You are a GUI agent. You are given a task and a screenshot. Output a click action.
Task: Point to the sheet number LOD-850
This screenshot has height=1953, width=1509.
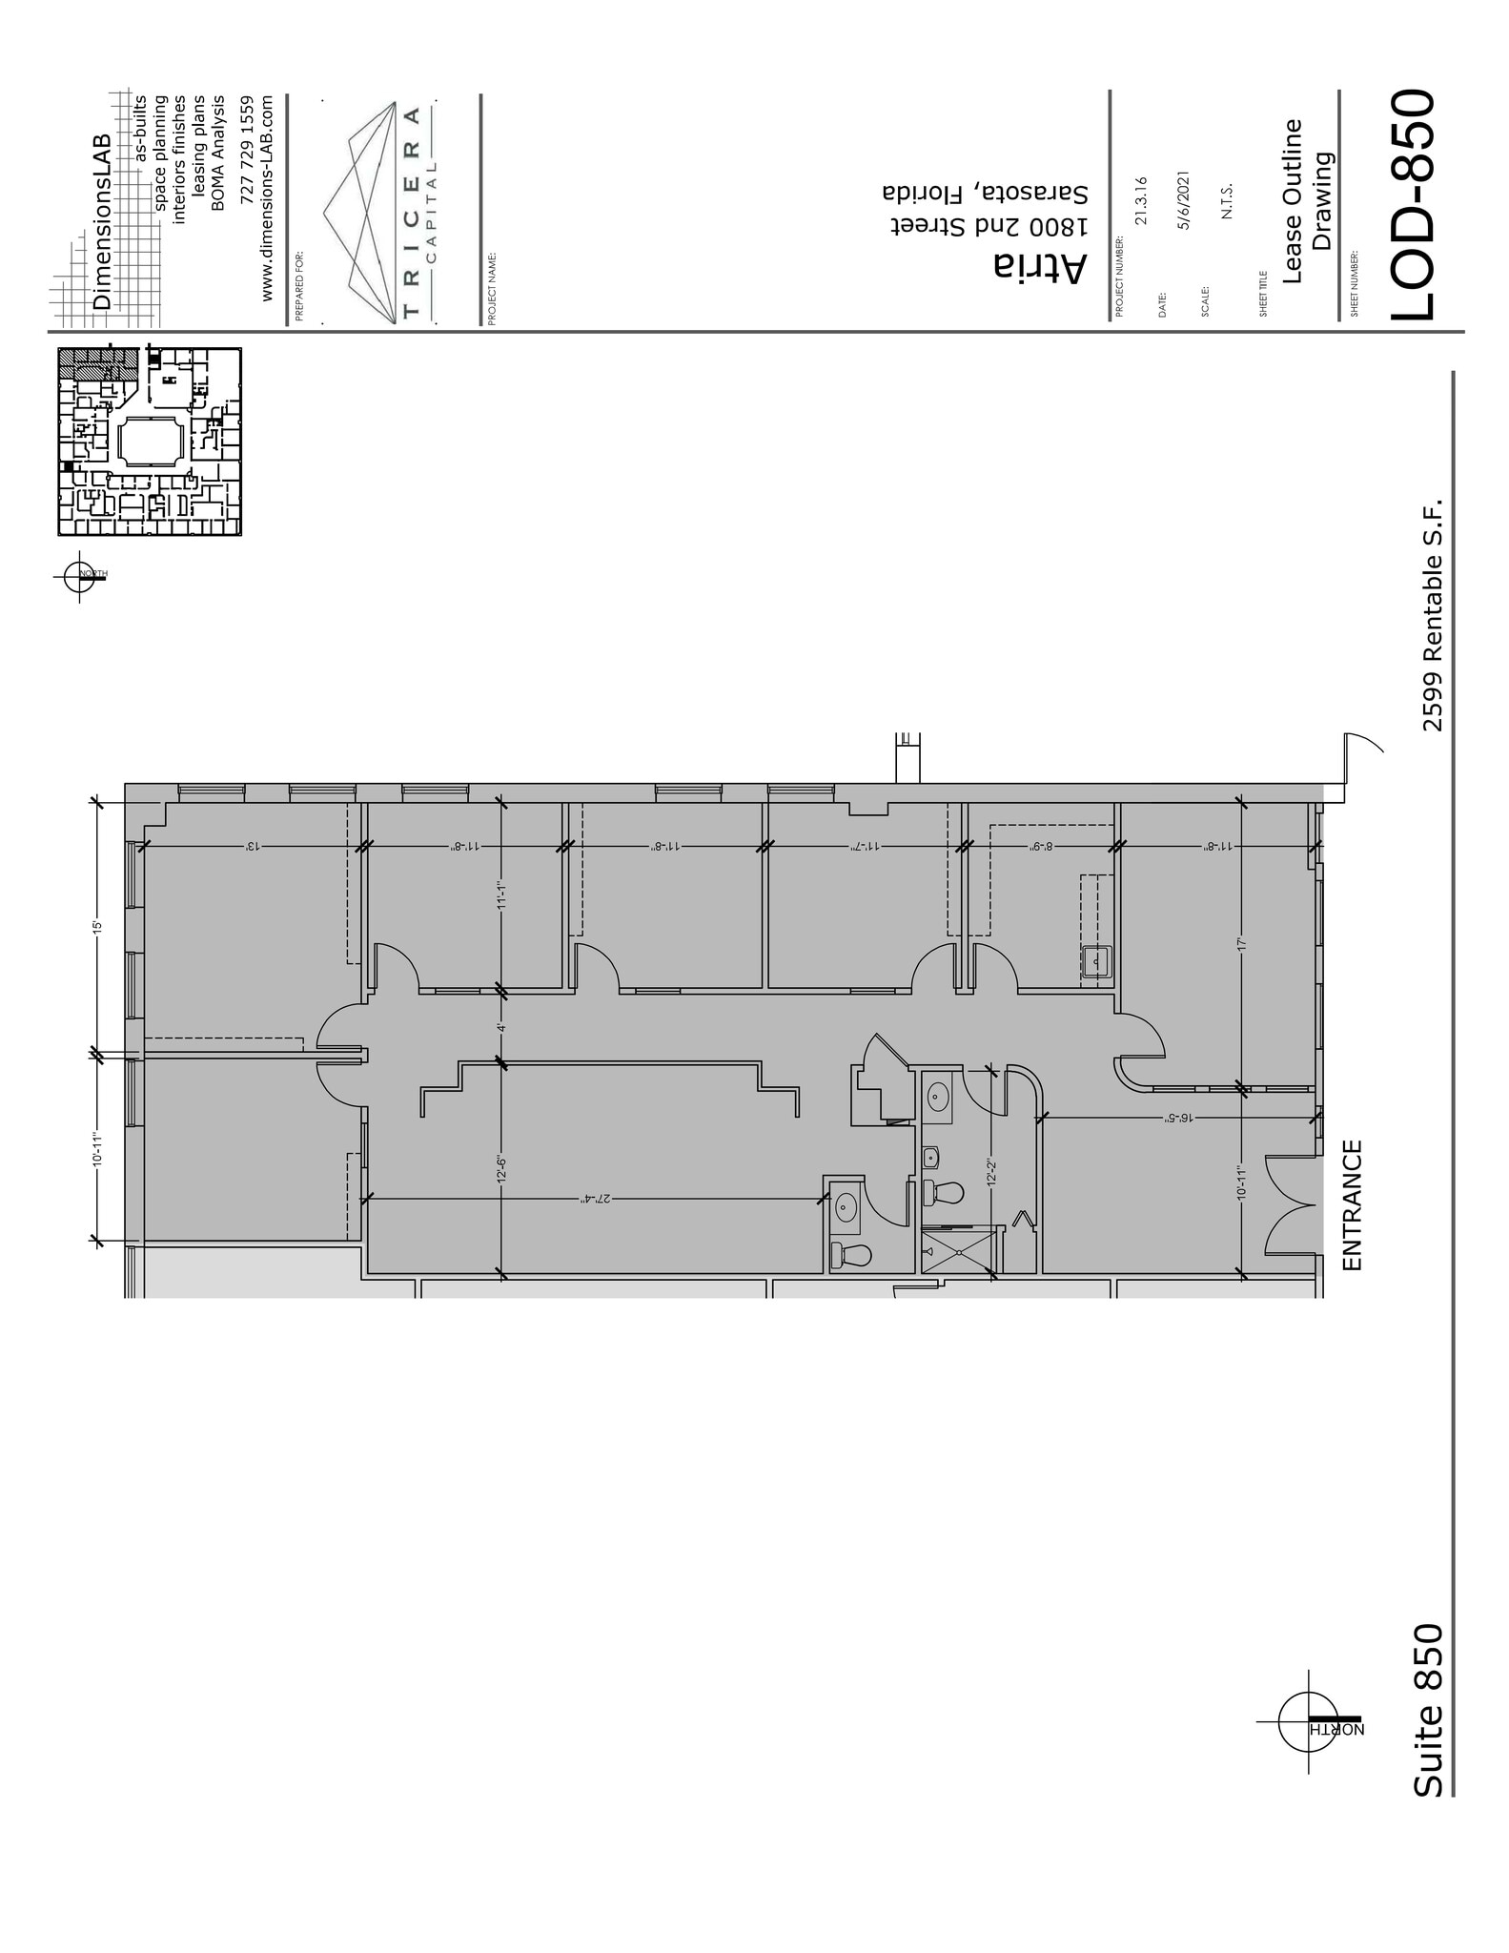click(1410, 205)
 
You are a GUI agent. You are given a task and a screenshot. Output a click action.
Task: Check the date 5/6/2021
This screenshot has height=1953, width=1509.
click(1185, 201)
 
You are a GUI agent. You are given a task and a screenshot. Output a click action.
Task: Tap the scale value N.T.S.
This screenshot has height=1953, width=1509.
click(1228, 201)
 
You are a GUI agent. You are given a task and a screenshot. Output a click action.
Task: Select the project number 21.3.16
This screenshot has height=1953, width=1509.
click(1142, 201)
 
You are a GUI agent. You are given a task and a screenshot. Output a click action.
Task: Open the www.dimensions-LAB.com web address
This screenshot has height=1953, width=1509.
click(267, 198)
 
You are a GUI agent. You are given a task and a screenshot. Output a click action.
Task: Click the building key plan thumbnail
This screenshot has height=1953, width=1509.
click(150, 442)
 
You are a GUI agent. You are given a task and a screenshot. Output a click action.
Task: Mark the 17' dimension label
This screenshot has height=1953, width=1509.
click(1241, 944)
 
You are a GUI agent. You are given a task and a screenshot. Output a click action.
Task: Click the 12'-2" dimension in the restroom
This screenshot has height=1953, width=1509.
click(992, 1171)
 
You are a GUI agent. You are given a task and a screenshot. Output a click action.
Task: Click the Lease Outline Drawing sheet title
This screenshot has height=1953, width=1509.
click(1306, 201)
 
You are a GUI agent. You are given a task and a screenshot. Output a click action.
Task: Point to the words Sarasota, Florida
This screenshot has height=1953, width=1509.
click(985, 192)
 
